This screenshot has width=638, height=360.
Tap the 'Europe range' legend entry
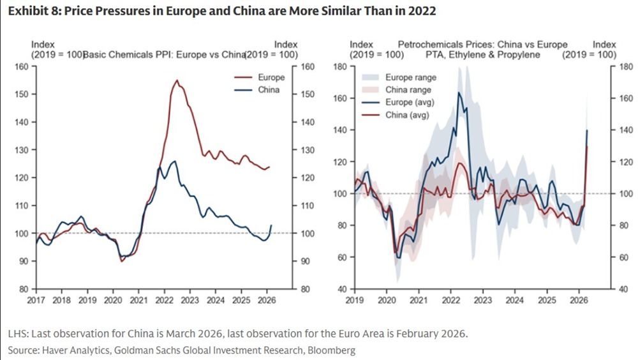(411, 77)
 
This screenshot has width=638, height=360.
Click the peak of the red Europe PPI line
(177, 80)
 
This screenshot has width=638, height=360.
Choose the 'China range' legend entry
(408, 90)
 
